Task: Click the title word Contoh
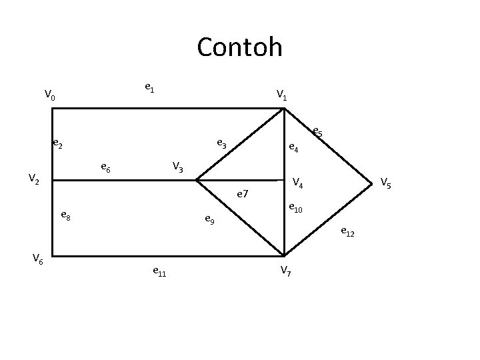[239, 47]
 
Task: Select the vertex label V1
[282, 95]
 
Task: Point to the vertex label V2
[34, 179]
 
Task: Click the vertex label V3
[178, 166]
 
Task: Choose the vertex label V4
[298, 182]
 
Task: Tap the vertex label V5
[386, 181]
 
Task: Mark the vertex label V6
[38, 260]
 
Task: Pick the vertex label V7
[285, 270]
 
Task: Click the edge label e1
[150, 87]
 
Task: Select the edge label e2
[58, 143]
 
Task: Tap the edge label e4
[293, 149]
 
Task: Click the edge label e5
[317, 133]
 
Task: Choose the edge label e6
[105, 167]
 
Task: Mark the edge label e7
[243, 195]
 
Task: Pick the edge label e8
[66, 215]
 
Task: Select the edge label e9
[209, 219]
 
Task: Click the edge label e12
[347, 232]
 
